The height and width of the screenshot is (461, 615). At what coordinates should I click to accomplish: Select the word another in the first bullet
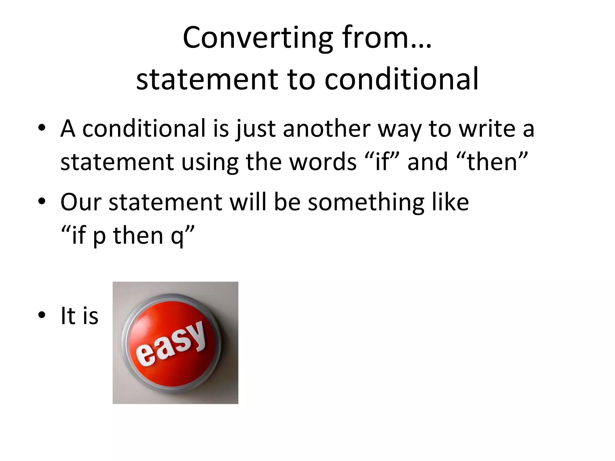pyautogui.click(x=326, y=128)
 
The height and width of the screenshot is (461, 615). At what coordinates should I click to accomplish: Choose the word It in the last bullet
pyautogui.click(x=68, y=315)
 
